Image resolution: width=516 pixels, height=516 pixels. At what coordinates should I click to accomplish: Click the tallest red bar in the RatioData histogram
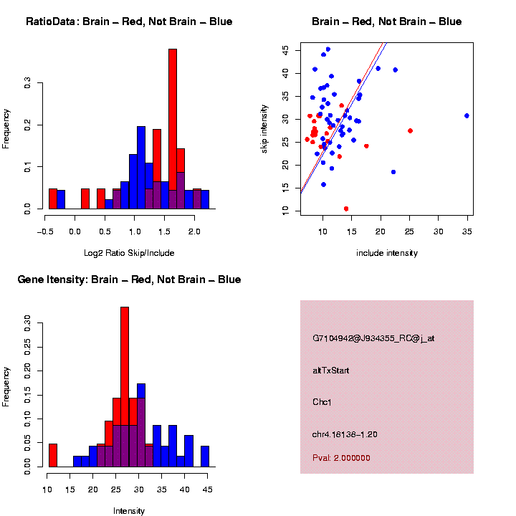[172, 129]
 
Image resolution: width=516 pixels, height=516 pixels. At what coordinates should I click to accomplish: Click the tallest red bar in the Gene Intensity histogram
[125, 387]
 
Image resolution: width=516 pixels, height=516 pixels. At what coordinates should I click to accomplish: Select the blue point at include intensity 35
[467, 115]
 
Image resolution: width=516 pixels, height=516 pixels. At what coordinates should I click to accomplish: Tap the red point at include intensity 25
[410, 130]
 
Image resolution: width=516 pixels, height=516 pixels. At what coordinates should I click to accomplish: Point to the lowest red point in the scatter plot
[346, 209]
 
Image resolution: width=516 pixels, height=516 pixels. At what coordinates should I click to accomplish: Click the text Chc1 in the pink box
[322, 402]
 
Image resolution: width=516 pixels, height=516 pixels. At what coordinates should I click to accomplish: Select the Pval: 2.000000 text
[341, 458]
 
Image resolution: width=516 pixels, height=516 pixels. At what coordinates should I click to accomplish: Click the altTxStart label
[331, 371]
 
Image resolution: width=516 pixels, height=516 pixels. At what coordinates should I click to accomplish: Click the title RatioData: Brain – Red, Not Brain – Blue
[129, 21]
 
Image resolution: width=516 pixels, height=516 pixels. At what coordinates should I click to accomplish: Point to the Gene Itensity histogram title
[129, 279]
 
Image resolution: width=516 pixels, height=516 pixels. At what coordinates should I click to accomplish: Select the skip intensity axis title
[264, 128]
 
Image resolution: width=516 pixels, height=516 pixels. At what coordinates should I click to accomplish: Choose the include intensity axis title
[387, 253]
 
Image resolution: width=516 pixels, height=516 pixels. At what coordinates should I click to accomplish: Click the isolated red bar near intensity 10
[52, 455]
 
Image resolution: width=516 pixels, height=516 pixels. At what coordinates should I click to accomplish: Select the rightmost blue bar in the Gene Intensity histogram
[205, 457]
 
